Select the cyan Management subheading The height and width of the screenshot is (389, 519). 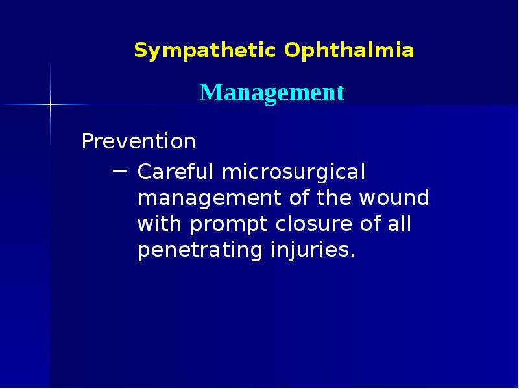(x=272, y=93)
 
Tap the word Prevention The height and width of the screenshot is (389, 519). (x=138, y=141)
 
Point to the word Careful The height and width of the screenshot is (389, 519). (x=175, y=173)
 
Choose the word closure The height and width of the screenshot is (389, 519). (x=304, y=224)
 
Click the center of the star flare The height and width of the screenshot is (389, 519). (x=50, y=104)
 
